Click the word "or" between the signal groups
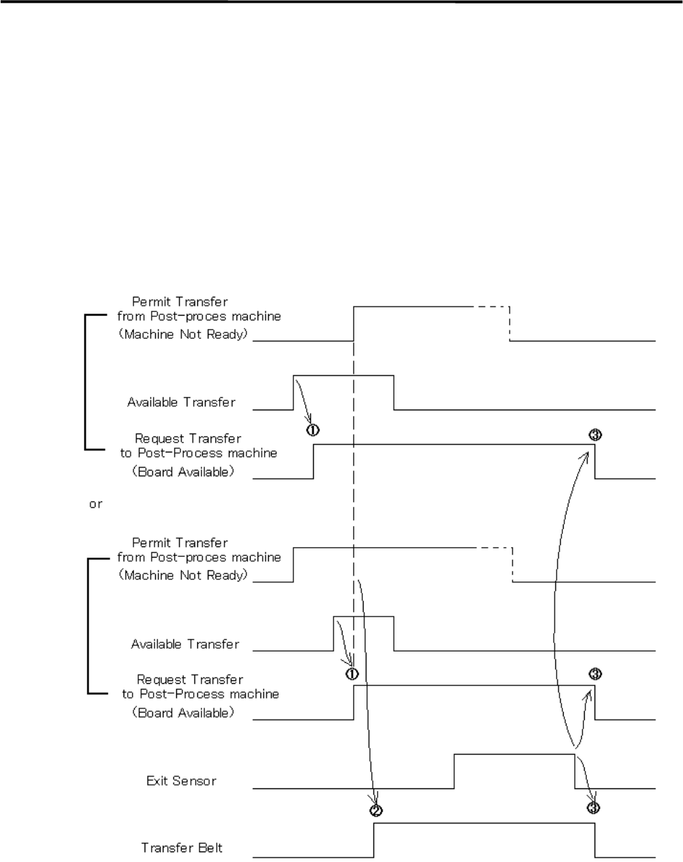(95, 504)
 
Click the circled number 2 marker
(376, 811)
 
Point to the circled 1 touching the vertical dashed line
(352, 673)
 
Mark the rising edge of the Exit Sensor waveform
(455, 772)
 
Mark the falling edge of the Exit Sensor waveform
(575, 772)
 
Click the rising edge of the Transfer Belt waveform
(374, 840)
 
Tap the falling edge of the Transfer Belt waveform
(595, 840)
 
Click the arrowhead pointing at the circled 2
(376, 801)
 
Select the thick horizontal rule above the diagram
(341, 2)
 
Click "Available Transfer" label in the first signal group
(181, 403)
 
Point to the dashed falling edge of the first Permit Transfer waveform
(510, 323)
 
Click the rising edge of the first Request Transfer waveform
(314, 461)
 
